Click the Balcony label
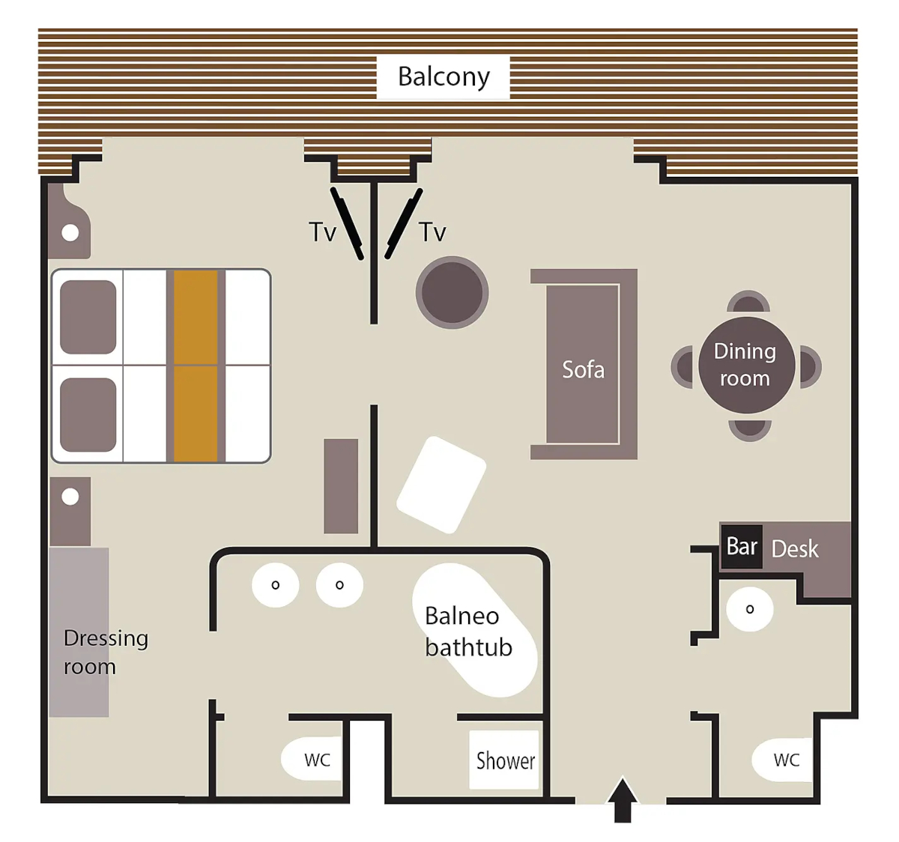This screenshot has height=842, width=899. pos(444,77)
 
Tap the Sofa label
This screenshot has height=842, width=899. pos(583,369)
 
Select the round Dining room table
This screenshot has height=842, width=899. pos(747,365)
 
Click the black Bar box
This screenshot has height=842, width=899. pos(742,546)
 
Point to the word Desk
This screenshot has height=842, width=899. pos(795,549)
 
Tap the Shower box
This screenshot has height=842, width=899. pos(504,760)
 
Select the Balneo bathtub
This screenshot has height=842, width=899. pos(474,631)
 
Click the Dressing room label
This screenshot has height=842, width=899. pos(106,652)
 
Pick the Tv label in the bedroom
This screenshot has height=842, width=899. pos(323,231)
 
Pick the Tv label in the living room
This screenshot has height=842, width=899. pos(433,231)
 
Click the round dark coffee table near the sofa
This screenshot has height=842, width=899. pos(452,292)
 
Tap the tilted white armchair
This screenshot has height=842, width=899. pos(441,485)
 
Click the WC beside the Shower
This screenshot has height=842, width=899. pos(312,759)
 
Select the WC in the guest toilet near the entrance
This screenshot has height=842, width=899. pos(782,760)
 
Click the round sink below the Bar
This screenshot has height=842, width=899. pos(750,609)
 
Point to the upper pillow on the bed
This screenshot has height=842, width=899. pos(88,317)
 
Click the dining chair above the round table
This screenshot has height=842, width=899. pos(748,302)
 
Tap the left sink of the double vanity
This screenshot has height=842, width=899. pos(275,585)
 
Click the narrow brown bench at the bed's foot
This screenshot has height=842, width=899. pos(341,485)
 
